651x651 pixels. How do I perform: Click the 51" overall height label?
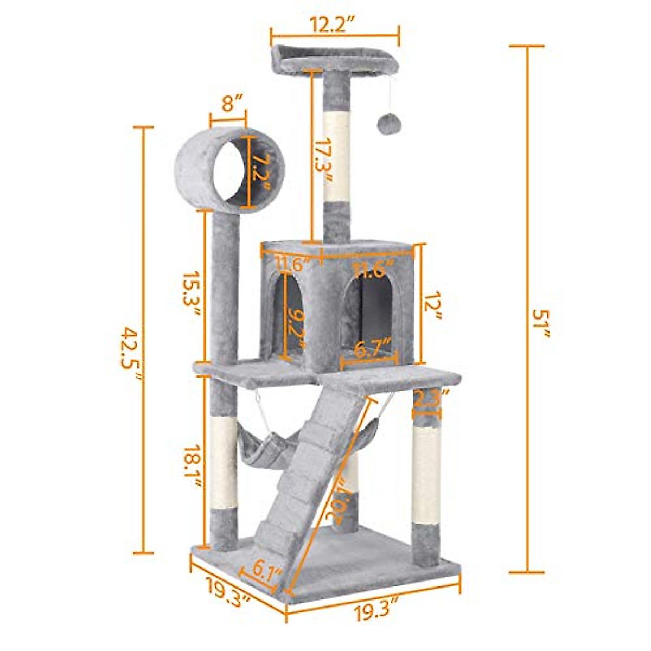[541, 324]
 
